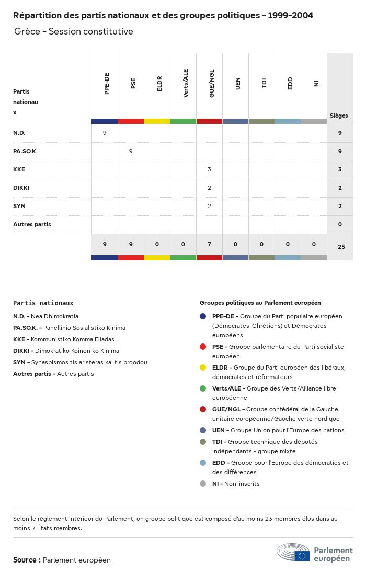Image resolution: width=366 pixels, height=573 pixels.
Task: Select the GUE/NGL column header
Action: pos(212,83)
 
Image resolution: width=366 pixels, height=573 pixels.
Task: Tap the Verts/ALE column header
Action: pos(186,83)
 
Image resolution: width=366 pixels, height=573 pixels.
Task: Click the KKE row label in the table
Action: pos(19,169)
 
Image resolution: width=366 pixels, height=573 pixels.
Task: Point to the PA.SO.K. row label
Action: pos(26,151)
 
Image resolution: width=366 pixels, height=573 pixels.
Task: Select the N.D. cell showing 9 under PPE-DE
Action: pos(105,133)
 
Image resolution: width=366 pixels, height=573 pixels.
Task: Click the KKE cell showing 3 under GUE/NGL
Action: pos(209,169)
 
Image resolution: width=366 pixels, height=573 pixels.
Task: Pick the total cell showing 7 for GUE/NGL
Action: pos(209,244)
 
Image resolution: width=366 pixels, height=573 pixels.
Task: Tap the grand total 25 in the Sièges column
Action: pos(341,247)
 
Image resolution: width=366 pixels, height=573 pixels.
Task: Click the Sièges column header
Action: pos(339,116)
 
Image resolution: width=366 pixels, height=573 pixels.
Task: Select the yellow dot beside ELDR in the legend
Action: pos(203,368)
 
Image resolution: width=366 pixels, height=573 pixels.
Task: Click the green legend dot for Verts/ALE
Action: pos(203,388)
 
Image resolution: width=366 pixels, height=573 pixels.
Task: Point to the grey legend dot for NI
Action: pos(203,484)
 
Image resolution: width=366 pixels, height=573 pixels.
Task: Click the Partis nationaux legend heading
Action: pos(43,303)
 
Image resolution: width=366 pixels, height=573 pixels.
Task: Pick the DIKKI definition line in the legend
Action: pos(66,351)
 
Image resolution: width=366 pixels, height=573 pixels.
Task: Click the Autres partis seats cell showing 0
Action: pos(340,224)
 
